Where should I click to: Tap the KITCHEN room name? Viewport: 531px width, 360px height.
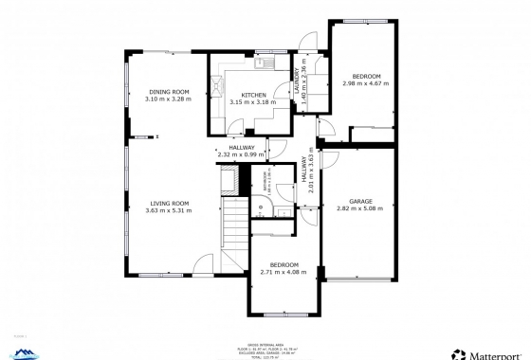tap(253, 96)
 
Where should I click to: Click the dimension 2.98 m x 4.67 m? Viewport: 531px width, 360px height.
tap(366, 83)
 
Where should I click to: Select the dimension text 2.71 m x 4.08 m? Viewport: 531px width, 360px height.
tap(284, 273)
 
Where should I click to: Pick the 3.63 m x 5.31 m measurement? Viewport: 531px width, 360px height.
tap(168, 210)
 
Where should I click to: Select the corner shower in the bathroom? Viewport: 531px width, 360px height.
tap(258, 214)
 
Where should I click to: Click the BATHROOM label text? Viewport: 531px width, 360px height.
tap(265, 181)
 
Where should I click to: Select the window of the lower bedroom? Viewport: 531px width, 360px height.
tap(284, 314)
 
